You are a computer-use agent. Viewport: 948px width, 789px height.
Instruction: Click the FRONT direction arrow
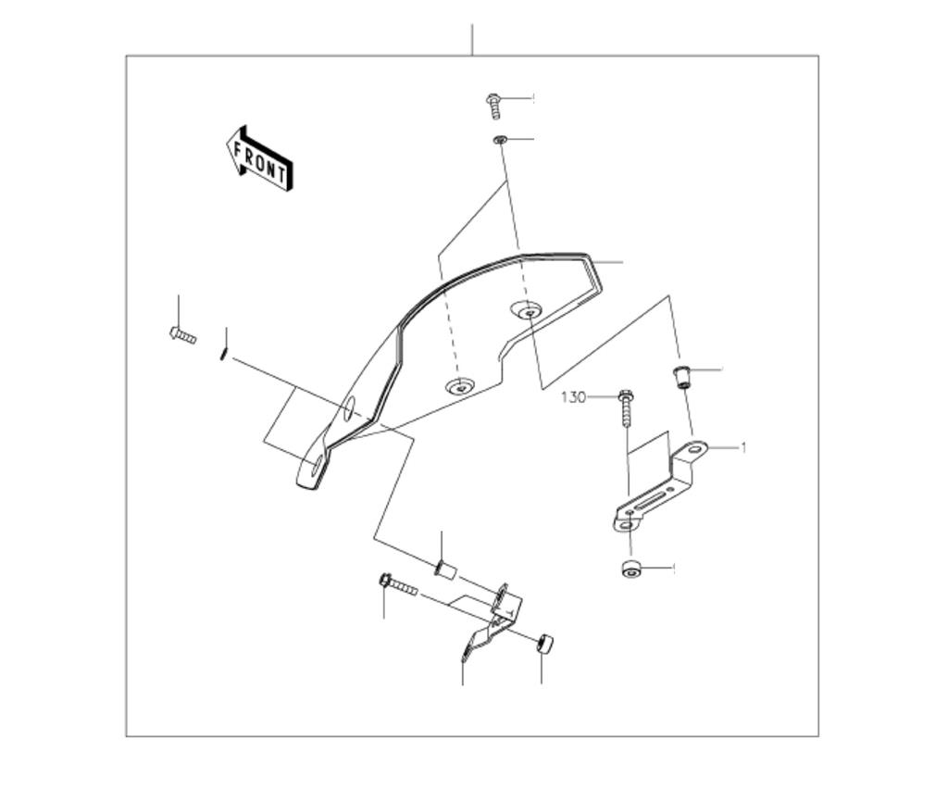(x=259, y=159)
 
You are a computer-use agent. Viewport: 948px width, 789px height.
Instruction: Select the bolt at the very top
(x=494, y=106)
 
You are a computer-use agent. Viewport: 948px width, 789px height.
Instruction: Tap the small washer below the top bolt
(x=499, y=140)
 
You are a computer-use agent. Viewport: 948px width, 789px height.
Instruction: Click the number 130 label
(x=573, y=397)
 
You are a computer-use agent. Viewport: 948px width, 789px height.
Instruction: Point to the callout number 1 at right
(x=743, y=448)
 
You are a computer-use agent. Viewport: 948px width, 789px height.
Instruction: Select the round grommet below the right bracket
(x=631, y=569)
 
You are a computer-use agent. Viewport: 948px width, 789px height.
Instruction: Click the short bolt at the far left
(x=182, y=335)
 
